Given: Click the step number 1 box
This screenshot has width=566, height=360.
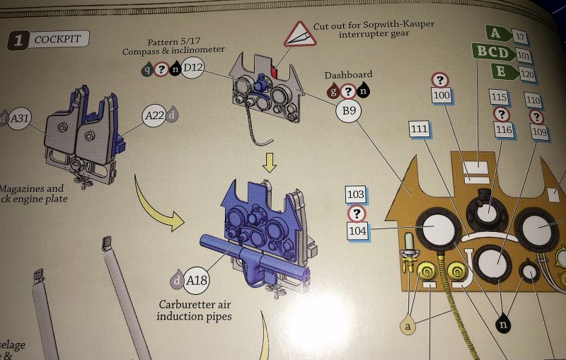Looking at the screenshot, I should click(x=18, y=41).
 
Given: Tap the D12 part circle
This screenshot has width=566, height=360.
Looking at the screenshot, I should click(x=193, y=68).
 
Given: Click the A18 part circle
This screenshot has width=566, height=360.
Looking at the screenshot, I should click(x=197, y=281).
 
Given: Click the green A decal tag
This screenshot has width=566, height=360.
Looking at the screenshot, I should click(x=500, y=34).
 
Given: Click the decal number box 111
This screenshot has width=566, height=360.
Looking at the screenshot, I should click(x=420, y=129).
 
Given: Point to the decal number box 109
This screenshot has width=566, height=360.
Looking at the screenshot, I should click(x=538, y=132).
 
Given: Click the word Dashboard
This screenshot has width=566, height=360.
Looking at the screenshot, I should click(x=348, y=75).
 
